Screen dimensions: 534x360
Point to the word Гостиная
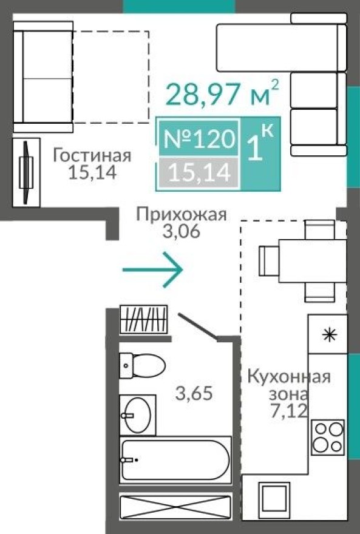coord(92,156)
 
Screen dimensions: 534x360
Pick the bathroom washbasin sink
coord(137,414)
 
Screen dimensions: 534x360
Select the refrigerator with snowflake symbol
coord(328,335)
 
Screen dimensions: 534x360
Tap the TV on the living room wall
coord(26,172)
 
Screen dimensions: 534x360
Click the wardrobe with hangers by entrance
coord(143,319)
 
